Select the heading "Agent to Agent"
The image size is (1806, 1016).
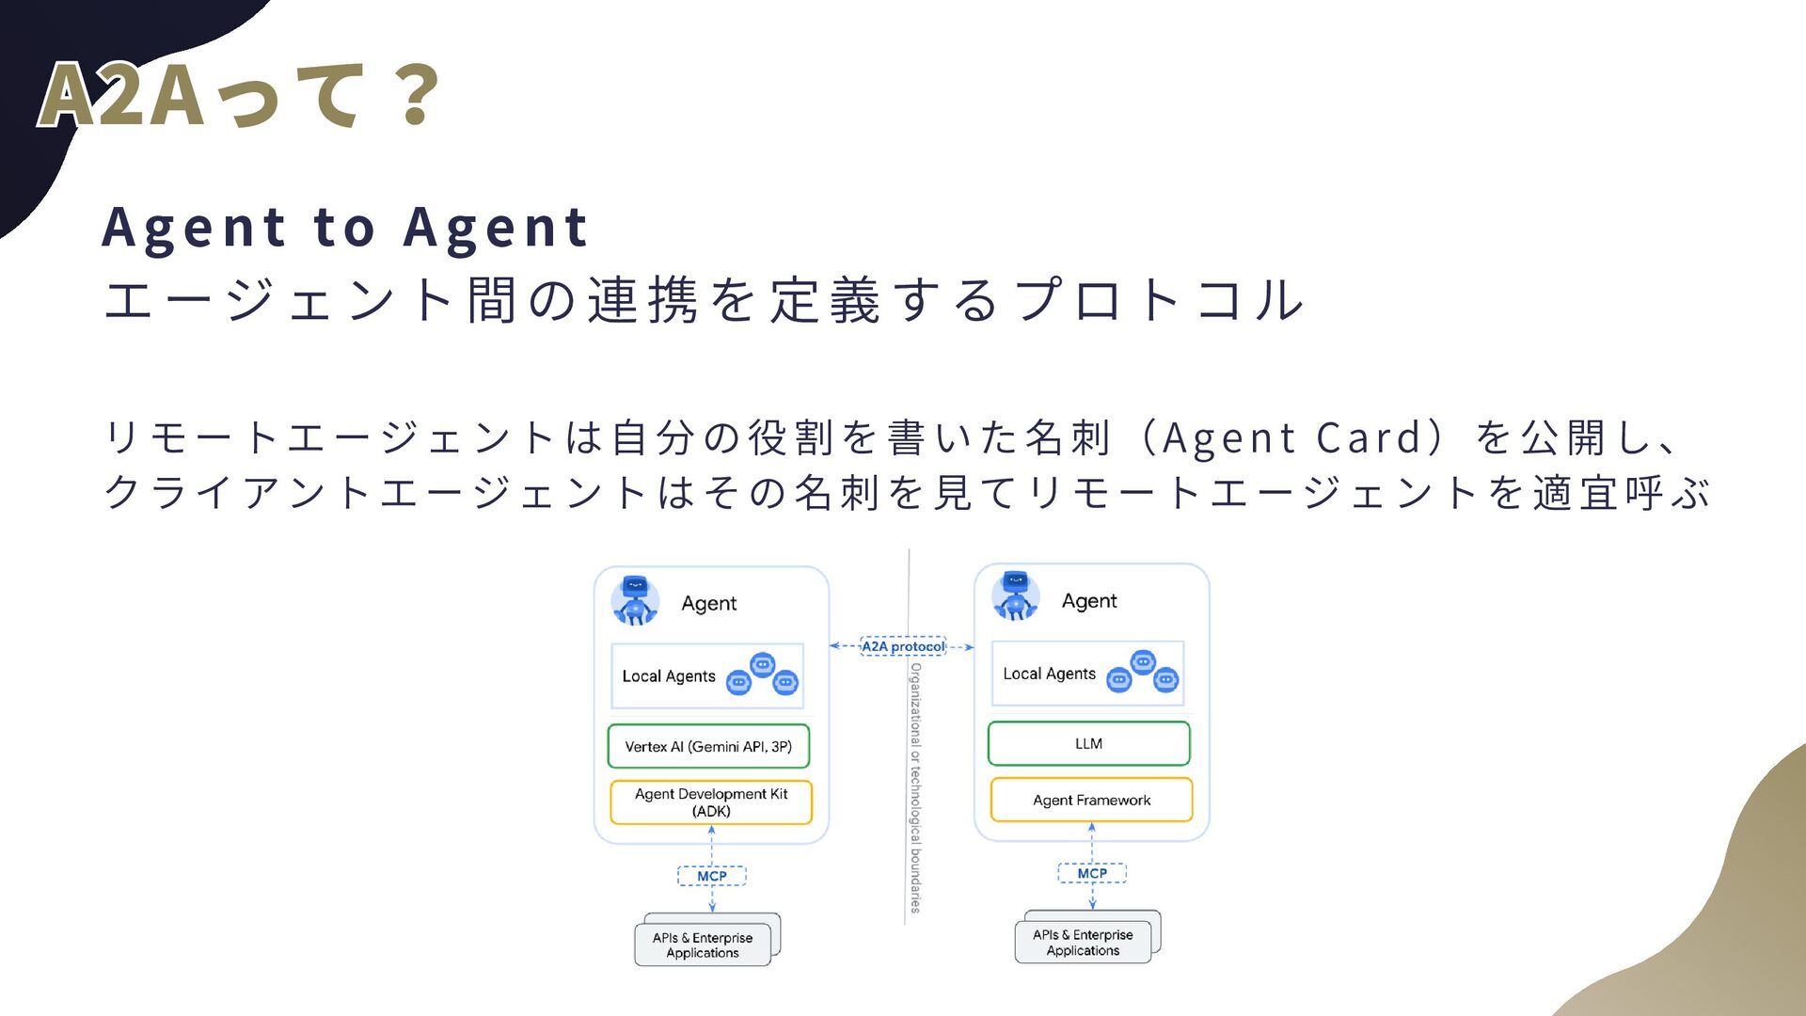(345, 228)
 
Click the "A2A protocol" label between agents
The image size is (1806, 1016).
(903, 646)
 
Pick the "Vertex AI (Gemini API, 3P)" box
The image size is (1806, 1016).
(708, 746)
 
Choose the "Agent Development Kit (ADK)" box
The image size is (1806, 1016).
(711, 802)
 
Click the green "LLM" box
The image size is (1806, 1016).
(1088, 743)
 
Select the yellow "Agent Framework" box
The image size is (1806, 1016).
(1091, 800)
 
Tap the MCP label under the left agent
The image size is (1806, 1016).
(712, 876)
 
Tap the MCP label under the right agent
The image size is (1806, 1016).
(1092, 873)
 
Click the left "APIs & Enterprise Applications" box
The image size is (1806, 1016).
(703, 945)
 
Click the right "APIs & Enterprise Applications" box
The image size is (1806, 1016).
(1083, 942)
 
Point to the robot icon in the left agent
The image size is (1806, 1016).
(635, 600)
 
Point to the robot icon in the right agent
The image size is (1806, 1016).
(1015, 596)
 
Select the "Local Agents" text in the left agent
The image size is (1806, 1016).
(669, 676)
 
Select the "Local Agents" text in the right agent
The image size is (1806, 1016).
(1049, 674)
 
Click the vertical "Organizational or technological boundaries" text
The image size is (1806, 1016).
(915, 786)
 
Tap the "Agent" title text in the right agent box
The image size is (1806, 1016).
(1089, 600)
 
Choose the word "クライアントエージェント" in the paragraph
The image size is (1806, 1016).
(376, 493)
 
